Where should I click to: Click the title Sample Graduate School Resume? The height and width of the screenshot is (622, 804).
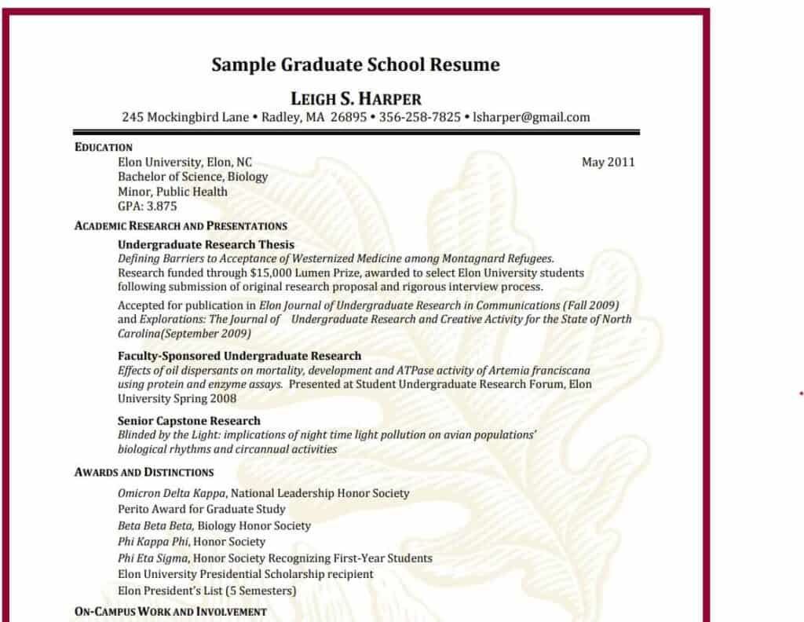(355, 64)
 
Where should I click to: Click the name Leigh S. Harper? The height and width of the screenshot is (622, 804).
(356, 99)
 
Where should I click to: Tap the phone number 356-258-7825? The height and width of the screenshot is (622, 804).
(420, 118)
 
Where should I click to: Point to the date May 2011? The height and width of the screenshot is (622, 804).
(608, 163)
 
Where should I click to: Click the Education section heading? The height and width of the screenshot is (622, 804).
(104, 148)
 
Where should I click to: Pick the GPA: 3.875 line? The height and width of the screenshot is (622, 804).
(148, 207)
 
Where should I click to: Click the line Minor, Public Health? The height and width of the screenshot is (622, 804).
(173, 192)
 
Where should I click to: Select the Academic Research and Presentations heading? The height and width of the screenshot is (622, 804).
(181, 226)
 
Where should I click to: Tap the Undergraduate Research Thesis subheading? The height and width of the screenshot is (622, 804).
(206, 244)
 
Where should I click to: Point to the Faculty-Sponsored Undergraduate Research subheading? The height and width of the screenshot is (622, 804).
(239, 356)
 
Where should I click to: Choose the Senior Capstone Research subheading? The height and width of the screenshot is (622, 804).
(188, 420)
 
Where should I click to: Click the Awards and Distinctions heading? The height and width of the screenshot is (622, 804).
(144, 472)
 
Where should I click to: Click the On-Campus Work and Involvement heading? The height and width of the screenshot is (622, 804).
(170, 611)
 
